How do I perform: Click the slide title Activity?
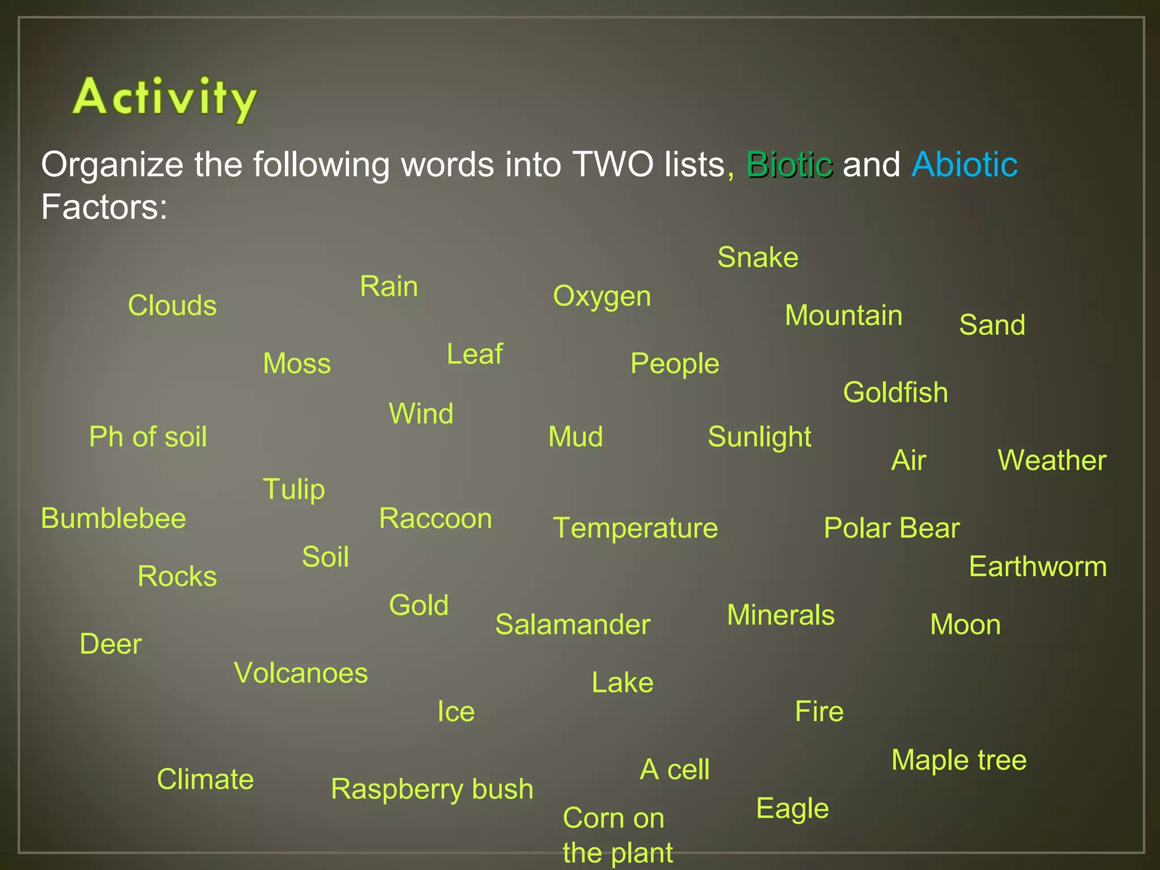(164, 99)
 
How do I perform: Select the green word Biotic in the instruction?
(790, 165)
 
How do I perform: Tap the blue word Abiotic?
(964, 165)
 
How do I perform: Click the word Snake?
(758, 258)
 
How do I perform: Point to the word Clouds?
(172, 306)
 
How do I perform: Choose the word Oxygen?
(602, 297)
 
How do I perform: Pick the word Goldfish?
(895, 393)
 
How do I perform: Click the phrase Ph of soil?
(148, 437)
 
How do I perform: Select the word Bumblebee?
(113, 519)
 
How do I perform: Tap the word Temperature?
(635, 528)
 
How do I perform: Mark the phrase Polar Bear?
(892, 528)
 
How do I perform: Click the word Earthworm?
(1038, 567)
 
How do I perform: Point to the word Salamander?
(573, 625)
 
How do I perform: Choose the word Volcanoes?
(301, 673)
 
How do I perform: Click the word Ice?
(456, 712)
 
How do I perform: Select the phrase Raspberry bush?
(432, 790)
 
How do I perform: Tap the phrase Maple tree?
(959, 760)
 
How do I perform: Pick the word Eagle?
(792, 809)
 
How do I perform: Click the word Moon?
(965, 625)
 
